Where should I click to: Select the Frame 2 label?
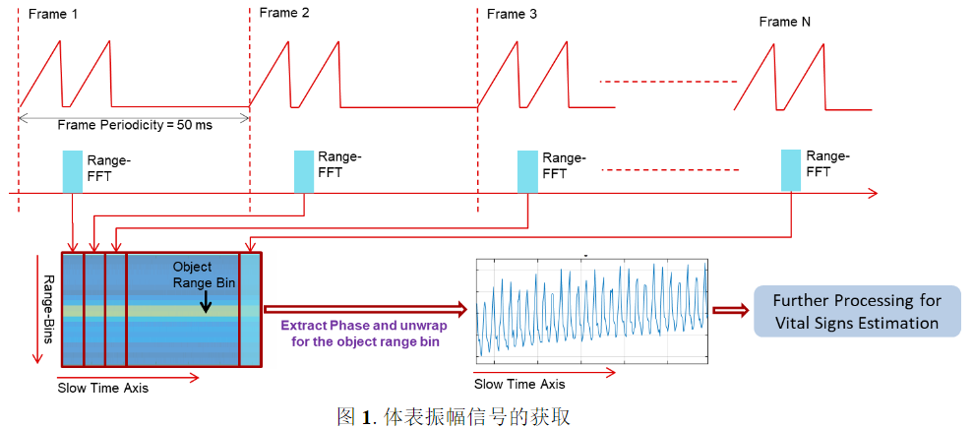click(285, 14)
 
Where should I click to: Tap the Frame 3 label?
click(512, 14)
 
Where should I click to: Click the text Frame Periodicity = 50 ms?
click(135, 125)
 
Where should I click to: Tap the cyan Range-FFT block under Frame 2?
click(304, 171)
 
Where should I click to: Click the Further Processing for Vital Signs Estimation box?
click(857, 311)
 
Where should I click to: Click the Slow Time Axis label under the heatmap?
click(103, 388)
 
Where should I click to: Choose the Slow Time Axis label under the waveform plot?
click(519, 384)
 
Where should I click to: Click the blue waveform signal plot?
click(591, 309)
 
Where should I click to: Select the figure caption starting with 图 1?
click(454, 415)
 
